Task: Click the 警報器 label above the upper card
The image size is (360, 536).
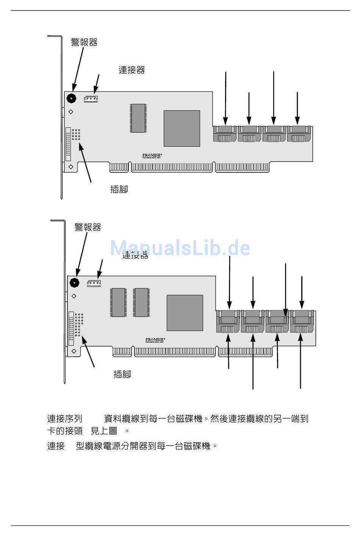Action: click(84, 42)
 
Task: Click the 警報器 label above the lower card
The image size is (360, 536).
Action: click(88, 227)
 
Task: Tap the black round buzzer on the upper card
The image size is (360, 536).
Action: click(71, 99)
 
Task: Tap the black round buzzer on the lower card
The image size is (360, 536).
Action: click(75, 282)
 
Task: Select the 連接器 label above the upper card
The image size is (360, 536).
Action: click(132, 70)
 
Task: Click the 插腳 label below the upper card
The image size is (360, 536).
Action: click(119, 189)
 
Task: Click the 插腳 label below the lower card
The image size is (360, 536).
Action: click(122, 375)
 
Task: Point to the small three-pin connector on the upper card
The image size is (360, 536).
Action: click(91, 99)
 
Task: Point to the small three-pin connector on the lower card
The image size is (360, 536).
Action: click(94, 283)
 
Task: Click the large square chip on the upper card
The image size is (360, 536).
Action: click(182, 128)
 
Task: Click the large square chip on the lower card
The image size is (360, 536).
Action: click(185, 313)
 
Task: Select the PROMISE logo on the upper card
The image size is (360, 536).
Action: click(152, 155)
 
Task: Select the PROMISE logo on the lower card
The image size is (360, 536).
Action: click(155, 340)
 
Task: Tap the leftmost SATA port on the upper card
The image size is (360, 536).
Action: click(225, 133)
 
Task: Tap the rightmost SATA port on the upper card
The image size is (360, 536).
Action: click(299, 133)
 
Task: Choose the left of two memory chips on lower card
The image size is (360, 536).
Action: click(119, 302)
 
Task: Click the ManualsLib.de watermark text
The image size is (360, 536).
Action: click(180, 248)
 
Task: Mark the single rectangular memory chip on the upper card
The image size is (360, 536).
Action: click(138, 118)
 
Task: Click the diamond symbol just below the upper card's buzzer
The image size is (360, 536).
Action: click(71, 112)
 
